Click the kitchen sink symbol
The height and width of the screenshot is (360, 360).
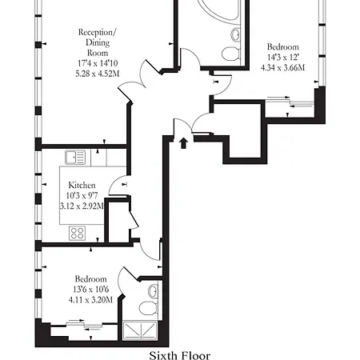(x=77, y=156)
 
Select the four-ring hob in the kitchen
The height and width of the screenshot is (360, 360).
(x=78, y=233)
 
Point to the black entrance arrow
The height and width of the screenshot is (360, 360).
(x=183, y=142)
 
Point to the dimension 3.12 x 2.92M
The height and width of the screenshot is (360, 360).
(x=82, y=206)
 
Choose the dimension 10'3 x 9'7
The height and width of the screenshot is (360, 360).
(x=82, y=195)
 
